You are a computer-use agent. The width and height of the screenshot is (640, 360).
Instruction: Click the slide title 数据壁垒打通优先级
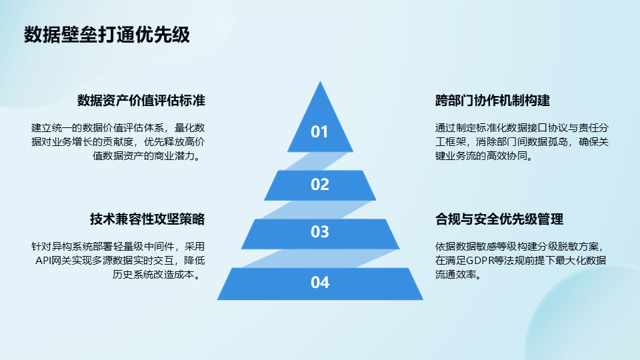[107, 35]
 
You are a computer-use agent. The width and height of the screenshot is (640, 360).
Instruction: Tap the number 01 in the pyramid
[319, 132]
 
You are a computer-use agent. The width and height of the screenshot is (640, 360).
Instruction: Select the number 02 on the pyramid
[319, 185]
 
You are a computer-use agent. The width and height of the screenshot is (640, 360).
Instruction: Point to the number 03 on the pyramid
[319, 232]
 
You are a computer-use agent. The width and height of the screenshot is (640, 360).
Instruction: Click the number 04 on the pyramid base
[319, 283]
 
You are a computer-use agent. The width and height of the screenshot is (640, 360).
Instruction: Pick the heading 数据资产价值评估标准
[141, 101]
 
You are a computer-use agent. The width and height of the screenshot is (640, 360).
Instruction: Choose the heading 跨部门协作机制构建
[493, 101]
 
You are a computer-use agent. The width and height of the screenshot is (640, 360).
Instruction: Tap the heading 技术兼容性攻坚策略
[147, 219]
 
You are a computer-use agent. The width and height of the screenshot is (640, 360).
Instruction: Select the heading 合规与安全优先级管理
[499, 219]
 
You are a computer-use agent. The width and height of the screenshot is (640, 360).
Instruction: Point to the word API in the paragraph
[43, 261]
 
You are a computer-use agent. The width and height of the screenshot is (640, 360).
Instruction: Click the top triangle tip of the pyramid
[320, 81]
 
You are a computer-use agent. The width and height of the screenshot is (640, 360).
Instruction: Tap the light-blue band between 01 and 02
[317, 161]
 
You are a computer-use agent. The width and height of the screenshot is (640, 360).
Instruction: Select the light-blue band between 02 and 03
[317, 210]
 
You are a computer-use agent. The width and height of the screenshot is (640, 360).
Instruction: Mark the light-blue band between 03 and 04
[319, 259]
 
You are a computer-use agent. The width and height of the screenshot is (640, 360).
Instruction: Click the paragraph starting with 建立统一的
[119, 142]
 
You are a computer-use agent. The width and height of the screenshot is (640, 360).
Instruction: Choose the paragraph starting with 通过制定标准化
[521, 142]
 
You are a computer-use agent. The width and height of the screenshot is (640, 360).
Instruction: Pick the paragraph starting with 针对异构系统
[119, 261]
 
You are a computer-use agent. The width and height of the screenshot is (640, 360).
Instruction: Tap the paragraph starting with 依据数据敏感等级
[521, 261]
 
